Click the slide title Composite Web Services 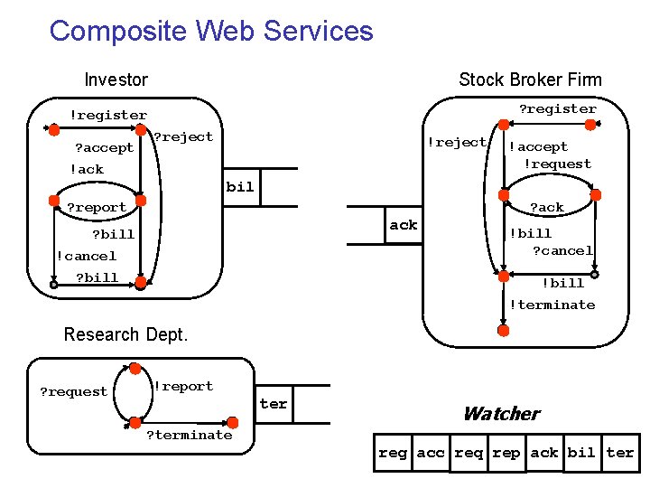click(211, 31)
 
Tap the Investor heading click(116, 80)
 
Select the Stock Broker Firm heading click(530, 80)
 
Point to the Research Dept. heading click(125, 334)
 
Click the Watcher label click(502, 414)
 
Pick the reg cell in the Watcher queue click(393, 453)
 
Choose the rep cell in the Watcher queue click(506, 453)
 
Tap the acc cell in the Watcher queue click(431, 453)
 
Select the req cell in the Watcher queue click(469, 453)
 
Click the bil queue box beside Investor click(241, 187)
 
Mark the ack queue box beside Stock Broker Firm click(404, 225)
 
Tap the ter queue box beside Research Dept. click(274, 404)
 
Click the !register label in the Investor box click(108, 116)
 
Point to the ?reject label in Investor click(183, 137)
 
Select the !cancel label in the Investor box click(87, 256)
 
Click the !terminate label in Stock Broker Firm click(552, 305)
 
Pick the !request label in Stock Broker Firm click(558, 164)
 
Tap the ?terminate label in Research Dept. click(190, 435)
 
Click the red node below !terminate click(503, 331)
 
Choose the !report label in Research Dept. click(184, 387)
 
